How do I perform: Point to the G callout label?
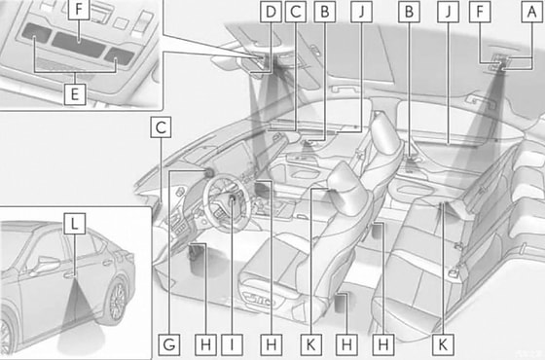pyautogui.click(x=170, y=343)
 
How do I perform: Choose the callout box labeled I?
pyautogui.click(x=233, y=343)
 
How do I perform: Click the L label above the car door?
pyautogui.click(x=73, y=223)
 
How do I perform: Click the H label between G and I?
pyautogui.click(x=203, y=343)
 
